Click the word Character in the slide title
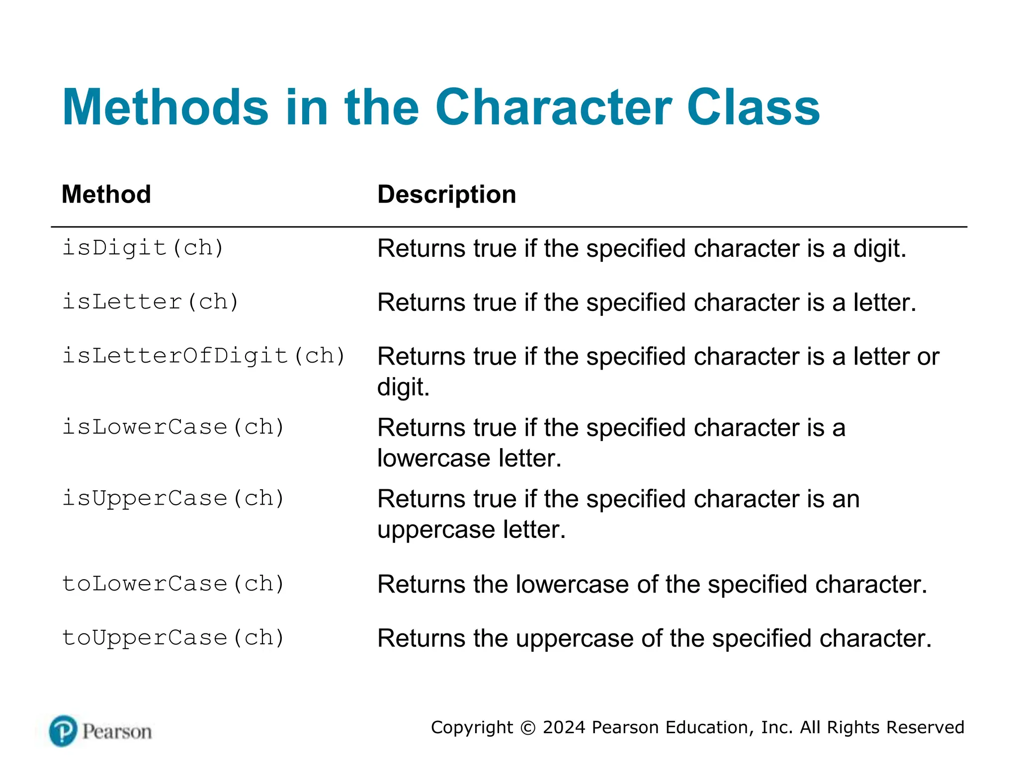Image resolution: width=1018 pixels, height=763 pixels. click(553, 108)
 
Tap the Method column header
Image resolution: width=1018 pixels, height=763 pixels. click(106, 194)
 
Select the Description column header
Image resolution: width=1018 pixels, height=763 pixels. click(446, 194)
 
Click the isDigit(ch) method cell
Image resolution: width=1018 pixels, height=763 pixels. click(143, 248)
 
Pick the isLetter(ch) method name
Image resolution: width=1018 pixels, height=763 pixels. click(151, 302)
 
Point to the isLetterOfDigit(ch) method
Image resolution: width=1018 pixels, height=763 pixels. click(203, 356)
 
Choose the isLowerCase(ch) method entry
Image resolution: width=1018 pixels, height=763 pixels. click(173, 427)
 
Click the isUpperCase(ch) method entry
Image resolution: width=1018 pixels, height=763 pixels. click(173, 499)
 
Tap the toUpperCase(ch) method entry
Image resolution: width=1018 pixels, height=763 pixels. click(173, 638)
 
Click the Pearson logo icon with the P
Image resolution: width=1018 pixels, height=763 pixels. click(63, 731)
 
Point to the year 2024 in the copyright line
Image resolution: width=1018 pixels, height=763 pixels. click(564, 727)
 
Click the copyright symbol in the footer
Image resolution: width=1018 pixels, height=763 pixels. click(527, 728)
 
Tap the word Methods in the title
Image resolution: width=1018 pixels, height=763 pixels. click(165, 108)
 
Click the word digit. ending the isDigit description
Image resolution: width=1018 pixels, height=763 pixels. click(879, 249)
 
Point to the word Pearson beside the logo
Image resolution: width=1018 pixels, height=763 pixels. click(117, 732)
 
